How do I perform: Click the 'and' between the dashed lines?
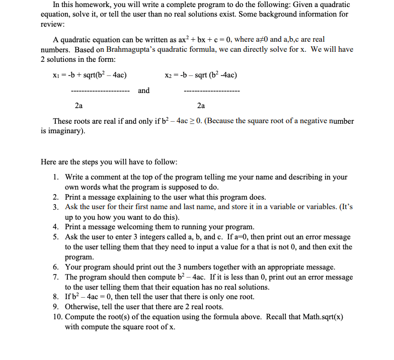tap(144, 91)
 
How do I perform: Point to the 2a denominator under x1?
tap(78, 106)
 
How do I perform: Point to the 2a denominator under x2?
tap(201, 106)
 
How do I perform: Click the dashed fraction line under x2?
tap(212, 92)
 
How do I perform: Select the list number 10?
tap(57, 317)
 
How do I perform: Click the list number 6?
tap(57, 267)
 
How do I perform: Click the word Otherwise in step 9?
tap(83, 307)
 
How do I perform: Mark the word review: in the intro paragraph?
tap(52, 24)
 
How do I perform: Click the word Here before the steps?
tap(49, 162)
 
